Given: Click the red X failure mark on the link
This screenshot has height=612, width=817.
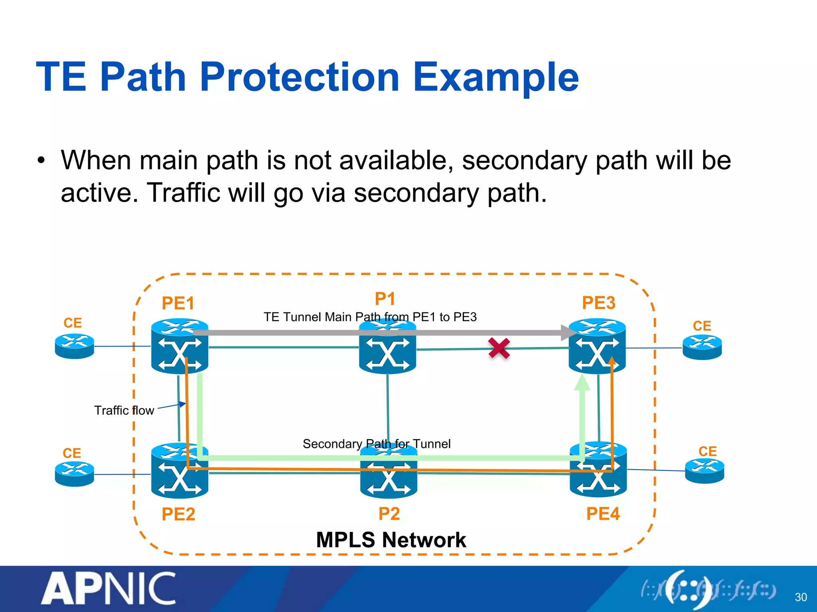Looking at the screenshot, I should point(499,348).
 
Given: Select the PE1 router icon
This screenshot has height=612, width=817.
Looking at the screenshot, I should point(180,346).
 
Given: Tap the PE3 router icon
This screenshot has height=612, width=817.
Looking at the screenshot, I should point(597,346).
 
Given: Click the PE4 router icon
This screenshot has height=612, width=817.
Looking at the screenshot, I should point(598,470).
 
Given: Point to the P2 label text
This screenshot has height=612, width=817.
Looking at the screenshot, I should point(389,514).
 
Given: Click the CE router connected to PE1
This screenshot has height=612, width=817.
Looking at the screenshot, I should point(75,346).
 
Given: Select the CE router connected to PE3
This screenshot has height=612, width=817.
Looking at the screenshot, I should point(702,347).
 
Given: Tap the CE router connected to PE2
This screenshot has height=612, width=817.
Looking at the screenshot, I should point(75,474).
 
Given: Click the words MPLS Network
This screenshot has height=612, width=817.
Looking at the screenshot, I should point(391,540).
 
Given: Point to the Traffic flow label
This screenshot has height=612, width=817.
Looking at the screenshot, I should point(124,410).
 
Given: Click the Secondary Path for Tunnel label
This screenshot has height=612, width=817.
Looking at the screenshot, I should point(377,443).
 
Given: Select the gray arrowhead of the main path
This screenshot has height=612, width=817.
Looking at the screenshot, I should point(568,333).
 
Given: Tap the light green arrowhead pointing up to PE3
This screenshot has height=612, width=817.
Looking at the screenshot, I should point(582,383).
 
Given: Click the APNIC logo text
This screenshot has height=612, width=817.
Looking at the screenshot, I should point(109,588).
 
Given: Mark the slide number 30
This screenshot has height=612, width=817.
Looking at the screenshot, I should point(801,597).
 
